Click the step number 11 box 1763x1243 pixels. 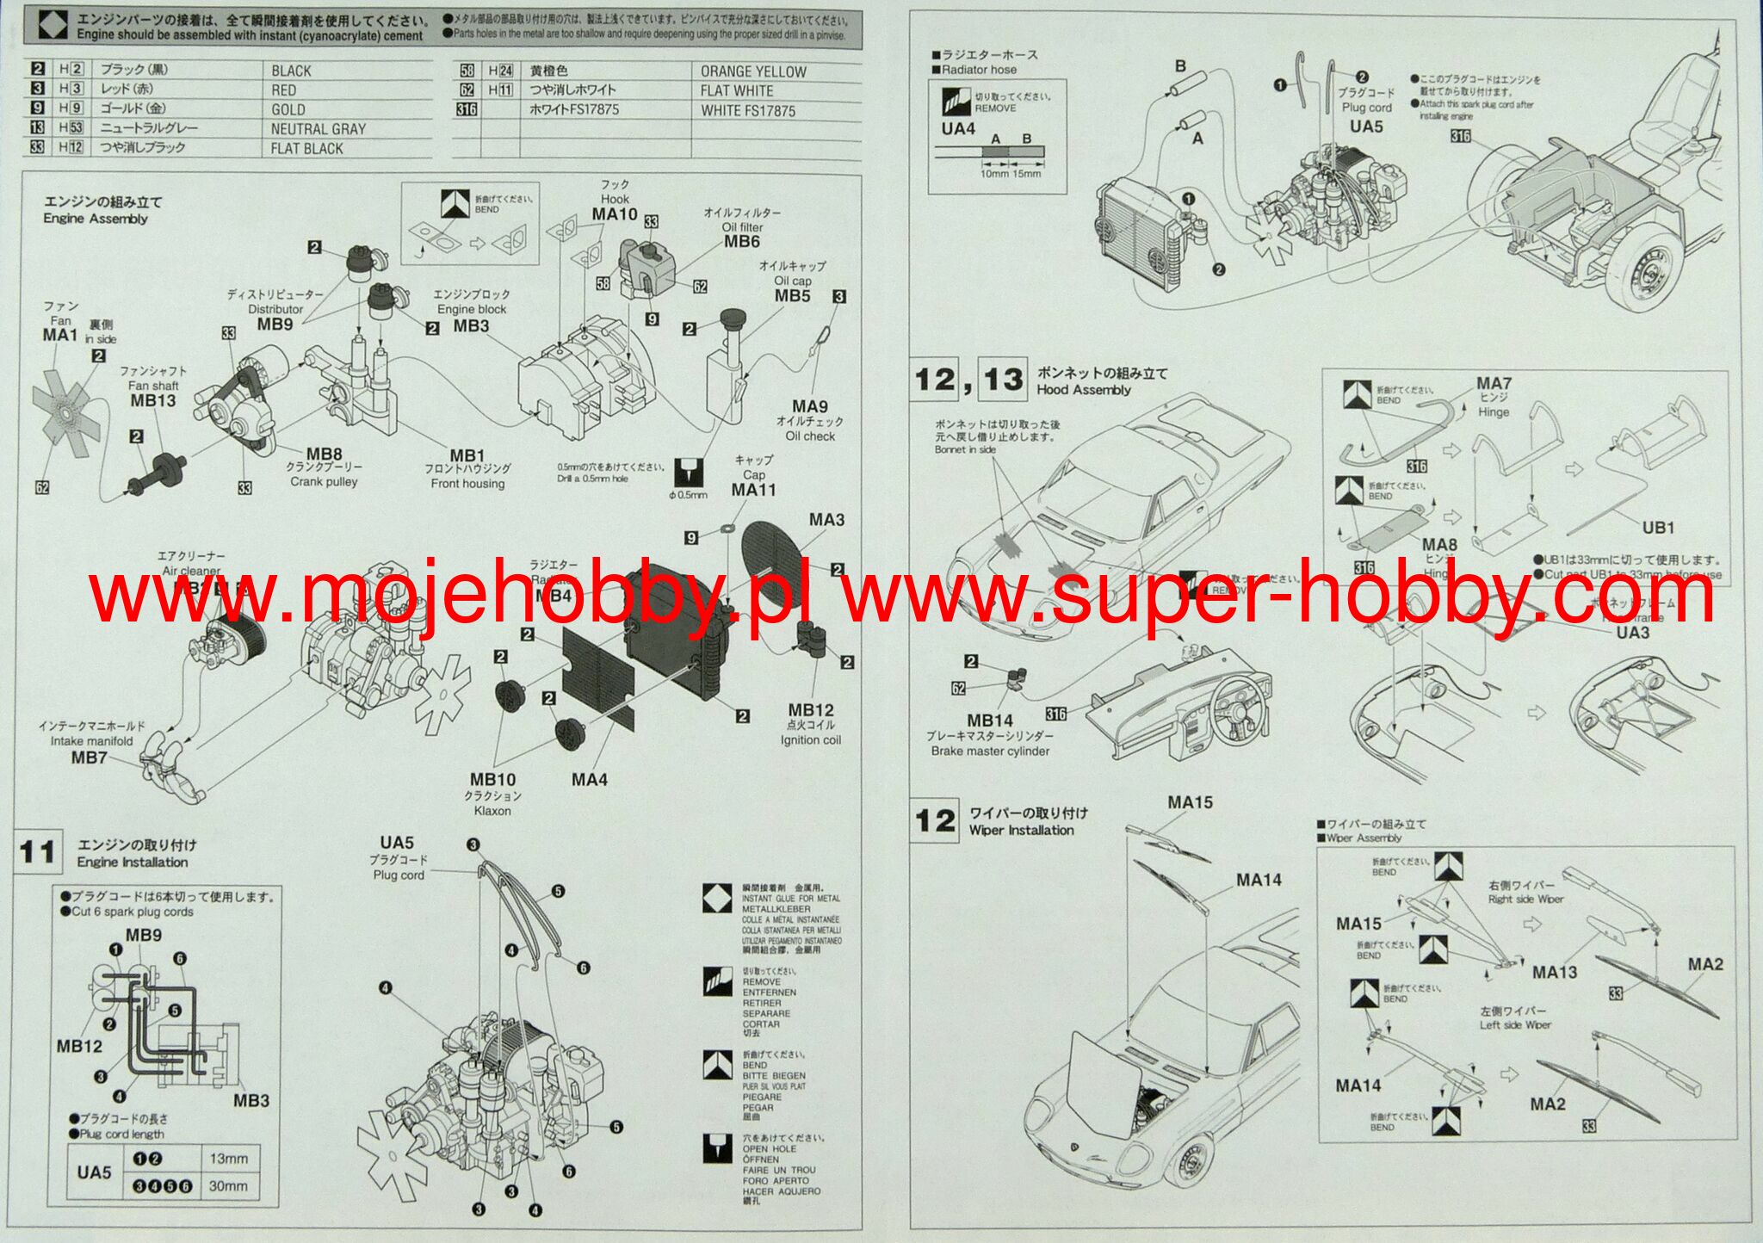[38, 851]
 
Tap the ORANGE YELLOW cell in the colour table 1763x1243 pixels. [753, 71]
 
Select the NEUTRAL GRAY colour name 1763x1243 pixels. [318, 129]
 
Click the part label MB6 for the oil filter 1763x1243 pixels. [741, 242]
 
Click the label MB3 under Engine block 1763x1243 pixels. [471, 325]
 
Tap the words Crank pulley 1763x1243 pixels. [324, 481]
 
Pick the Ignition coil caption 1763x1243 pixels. [810, 739]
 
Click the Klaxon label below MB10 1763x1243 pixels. [492, 810]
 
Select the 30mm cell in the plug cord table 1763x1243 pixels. [228, 1185]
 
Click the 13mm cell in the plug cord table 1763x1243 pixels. [228, 1159]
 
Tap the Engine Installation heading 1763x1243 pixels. [132, 862]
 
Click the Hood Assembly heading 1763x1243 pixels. [1083, 389]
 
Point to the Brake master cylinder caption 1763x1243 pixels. [990, 751]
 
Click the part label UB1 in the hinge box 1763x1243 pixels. [1658, 528]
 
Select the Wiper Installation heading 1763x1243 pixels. [1021, 830]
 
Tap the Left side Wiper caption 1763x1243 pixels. [1515, 1024]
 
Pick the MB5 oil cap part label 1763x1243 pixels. [792, 295]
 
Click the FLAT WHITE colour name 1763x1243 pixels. [736, 90]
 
